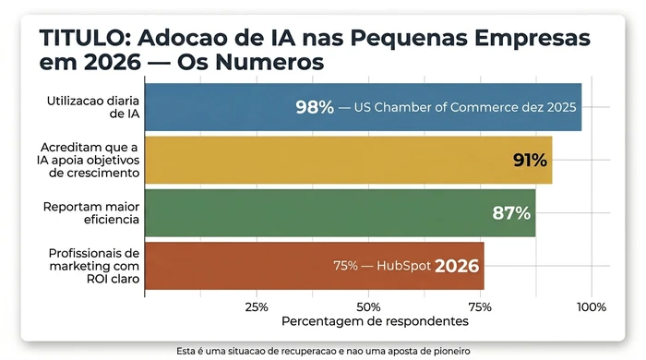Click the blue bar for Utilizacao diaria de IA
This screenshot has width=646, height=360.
[x=221, y=107]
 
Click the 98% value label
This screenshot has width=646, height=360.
[x=315, y=107]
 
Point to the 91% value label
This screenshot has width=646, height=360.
[x=530, y=161]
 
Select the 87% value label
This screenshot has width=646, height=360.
[x=511, y=213]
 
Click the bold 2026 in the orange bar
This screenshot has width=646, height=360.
[x=457, y=266]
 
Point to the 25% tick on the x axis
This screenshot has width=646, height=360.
[x=257, y=306]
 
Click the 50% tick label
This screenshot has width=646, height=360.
[x=368, y=306]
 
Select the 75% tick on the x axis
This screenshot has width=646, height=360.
[x=480, y=306]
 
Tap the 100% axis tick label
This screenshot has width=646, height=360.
[x=591, y=306]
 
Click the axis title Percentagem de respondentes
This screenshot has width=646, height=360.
[x=375, y=321]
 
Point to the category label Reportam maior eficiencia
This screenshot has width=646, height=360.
[x=92, y=213]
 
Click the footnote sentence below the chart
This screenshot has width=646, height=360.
[x=322, y=351]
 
